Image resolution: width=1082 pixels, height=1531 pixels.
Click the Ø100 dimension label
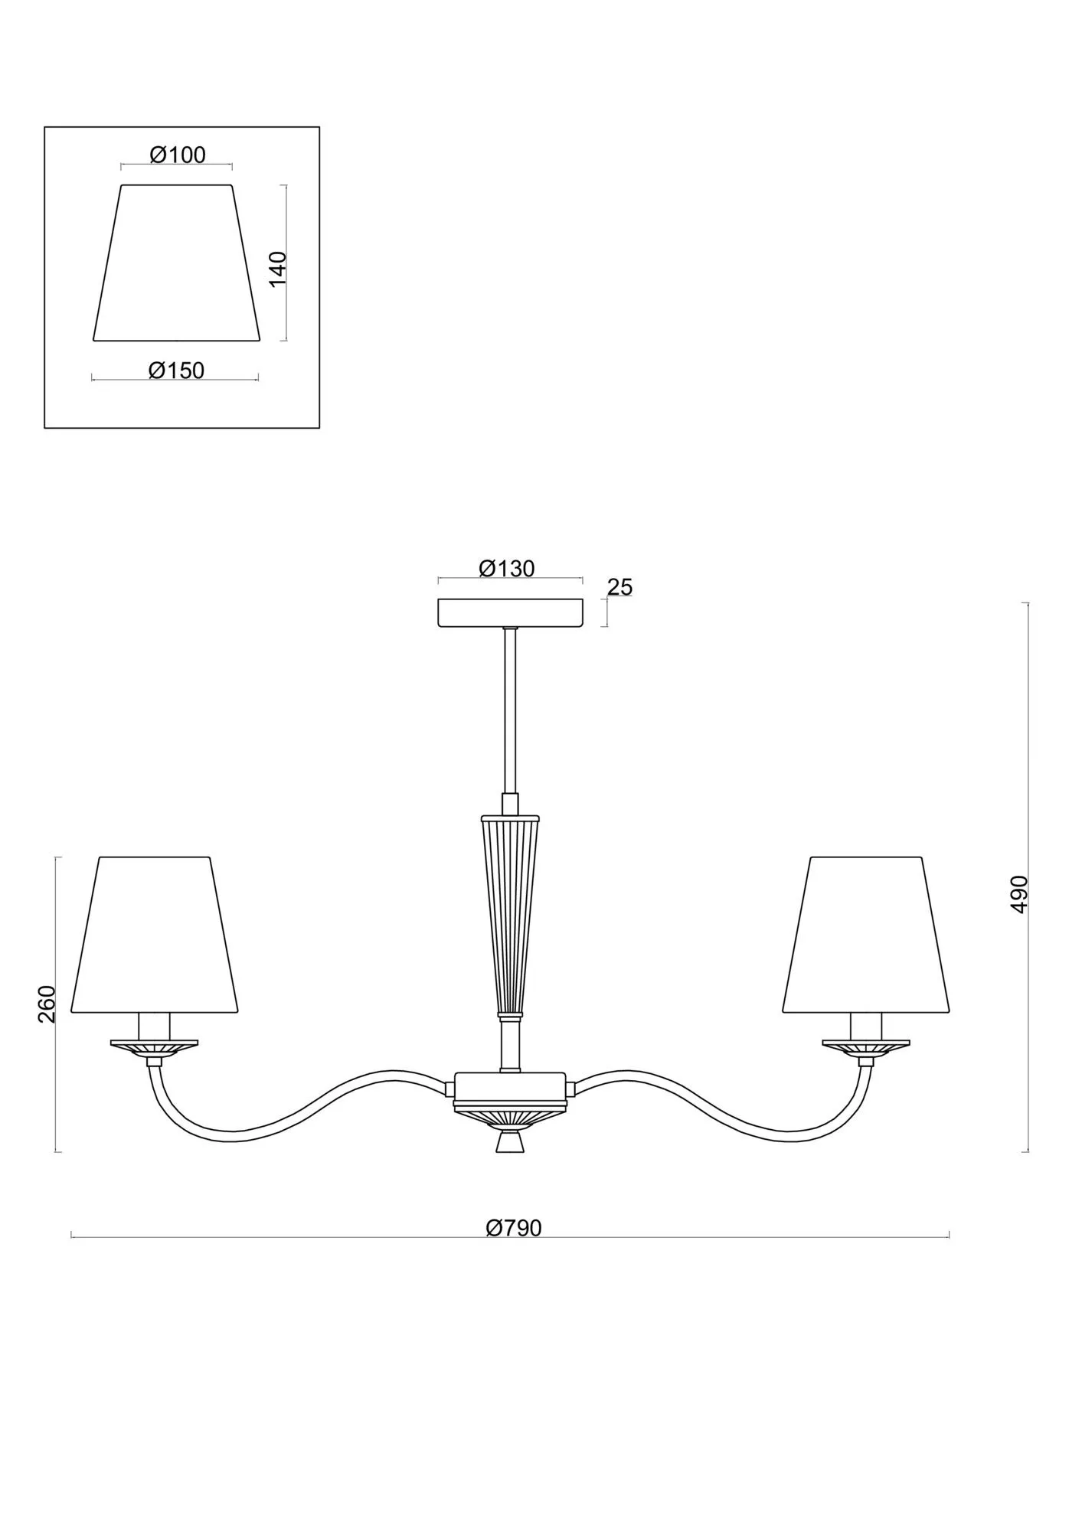click(178, 155)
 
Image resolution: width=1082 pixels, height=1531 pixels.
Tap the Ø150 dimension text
click(176, 371)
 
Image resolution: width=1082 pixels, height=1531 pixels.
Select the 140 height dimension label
click(278, 268)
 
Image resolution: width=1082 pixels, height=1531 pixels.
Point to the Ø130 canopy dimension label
click(506, 568)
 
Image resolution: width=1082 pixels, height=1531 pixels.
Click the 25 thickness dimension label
click(620, 587)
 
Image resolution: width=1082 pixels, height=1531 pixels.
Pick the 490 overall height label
click(1018, 893)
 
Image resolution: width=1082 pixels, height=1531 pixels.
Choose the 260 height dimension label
click(47, 1004)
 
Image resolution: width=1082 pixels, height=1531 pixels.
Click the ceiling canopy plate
click(510, 613)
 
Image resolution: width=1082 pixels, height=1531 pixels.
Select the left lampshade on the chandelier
click(155, 934)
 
